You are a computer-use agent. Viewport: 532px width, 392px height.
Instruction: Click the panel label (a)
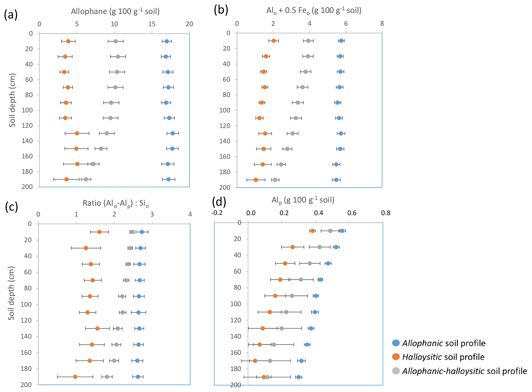pyautogui.click(x=11, y=15)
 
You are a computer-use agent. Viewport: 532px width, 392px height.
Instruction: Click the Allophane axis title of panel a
pyautogui.click(x=115, y=11)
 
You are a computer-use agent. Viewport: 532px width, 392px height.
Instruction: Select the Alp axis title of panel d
pyautogui.click(x=303, y=200)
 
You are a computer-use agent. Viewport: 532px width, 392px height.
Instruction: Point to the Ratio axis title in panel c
pyautogui.click(x=116, y=204)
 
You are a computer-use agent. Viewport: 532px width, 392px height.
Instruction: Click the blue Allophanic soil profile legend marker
pyautogui.click(x=396, y=343)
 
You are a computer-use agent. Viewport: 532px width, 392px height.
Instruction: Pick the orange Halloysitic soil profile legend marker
pyautogui.click(x=396, y=357)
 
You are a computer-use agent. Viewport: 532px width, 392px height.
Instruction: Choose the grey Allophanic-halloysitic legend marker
pyautogui.click(x=396, y=371)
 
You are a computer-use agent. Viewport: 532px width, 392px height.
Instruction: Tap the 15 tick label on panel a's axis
pyautogui.click(x=152, y=24)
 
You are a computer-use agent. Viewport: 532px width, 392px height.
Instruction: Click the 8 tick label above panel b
pyautogui.click(x=382, y=23)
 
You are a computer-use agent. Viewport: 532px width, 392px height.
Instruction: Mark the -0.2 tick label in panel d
pyautogui.click(x=217, y=213)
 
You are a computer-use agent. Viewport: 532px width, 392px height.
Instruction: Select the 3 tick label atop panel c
pyautogui.click(x=152, y=214)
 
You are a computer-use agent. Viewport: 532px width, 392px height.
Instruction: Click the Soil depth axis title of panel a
pyautogui.click(x=12, y=101)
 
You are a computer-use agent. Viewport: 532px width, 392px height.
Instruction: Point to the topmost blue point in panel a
pyautogui.click(x=167, y=41)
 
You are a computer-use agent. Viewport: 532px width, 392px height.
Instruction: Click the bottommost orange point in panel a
pyautogui.click(x=66, y=179)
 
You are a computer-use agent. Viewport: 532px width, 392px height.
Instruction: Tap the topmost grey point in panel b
pyautogui.click(x=308, y=41)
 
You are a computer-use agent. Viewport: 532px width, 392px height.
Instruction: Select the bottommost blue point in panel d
pyautogui.click(x=299, y=377)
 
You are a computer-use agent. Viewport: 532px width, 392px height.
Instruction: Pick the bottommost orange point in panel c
pyautogui.click(x=75, y=377)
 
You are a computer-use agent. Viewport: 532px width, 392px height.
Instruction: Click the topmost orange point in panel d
pyautogui.click(x=312, y=231)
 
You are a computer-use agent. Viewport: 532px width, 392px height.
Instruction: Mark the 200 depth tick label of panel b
pyautogui.click(x=225, y=187)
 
